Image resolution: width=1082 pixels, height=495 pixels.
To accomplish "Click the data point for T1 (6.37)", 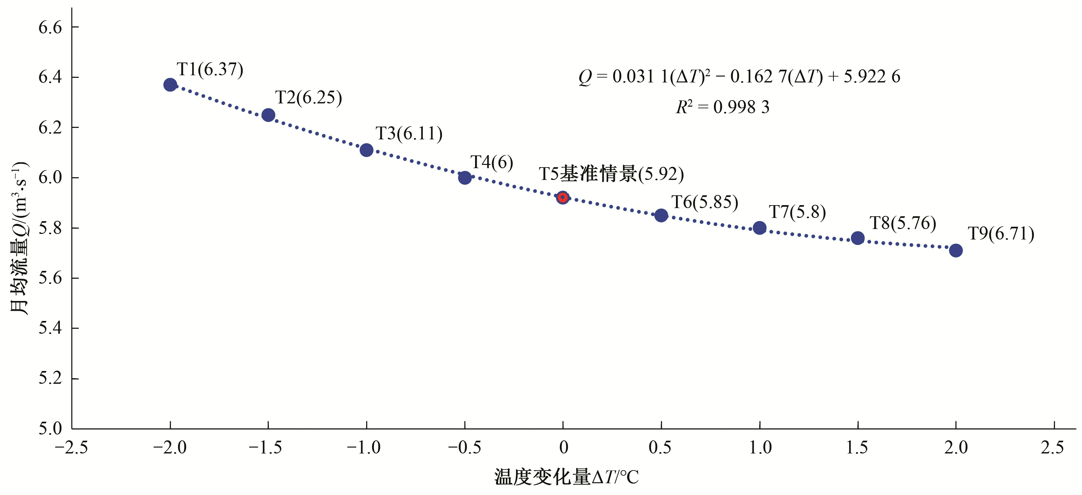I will click(x=170, y=84).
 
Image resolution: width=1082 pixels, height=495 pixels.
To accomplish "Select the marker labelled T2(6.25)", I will click(x=268, y=115).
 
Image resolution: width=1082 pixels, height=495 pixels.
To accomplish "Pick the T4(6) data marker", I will click(x=465, y=178).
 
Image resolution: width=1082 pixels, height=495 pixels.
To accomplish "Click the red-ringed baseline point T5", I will click(x=563, y=197).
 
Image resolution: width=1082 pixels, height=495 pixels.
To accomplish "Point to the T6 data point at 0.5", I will click(x=661, y=215).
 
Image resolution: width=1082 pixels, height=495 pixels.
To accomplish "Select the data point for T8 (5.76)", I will click(x=858, y=238).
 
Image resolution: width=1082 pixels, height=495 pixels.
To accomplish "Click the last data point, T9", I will click(x=956, y=251).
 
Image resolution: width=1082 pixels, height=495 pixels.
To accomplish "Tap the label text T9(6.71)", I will click(x=1001, y=234).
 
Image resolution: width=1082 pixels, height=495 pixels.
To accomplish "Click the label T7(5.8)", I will click(x=797, y=212).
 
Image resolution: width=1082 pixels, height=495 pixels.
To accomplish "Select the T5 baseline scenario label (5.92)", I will click(x=611, y=174).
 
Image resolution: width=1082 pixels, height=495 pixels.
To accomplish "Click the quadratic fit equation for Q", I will click(x=739, y=77).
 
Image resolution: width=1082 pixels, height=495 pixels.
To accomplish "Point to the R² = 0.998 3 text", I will click(x=722, y=107).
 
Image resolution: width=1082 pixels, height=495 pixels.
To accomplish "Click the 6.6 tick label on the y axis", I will click(x=50, y=28).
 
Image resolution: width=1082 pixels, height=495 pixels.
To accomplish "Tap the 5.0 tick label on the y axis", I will click(x=50, y=429).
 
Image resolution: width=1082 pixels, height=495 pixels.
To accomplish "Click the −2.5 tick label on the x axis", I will click(x=71, y=448).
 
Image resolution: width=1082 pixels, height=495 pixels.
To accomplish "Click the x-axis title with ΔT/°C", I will click(x=566, y=477).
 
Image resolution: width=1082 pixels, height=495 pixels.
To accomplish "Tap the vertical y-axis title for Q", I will click(x=19, y=238).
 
